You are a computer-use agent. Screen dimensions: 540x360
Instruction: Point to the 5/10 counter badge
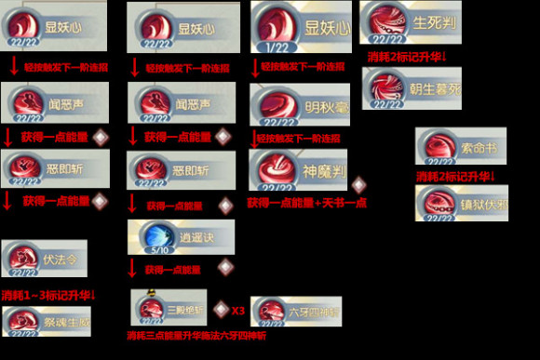(x=155, y=250)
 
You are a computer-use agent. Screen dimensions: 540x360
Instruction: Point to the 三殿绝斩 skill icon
(x=155, y=307)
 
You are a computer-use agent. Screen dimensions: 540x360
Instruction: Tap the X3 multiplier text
(x=237, y=309)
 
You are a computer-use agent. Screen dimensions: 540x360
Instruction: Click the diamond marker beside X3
(x=221, y=308)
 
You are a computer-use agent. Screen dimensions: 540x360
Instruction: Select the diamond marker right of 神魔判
(x=358, y=184)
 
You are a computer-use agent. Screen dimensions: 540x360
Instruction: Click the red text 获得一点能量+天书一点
(x=306, y=202)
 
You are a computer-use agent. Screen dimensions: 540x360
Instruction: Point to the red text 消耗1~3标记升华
(x=50, y=295)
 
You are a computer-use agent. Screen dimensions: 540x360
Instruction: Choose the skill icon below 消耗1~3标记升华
(x=24, y=322)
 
